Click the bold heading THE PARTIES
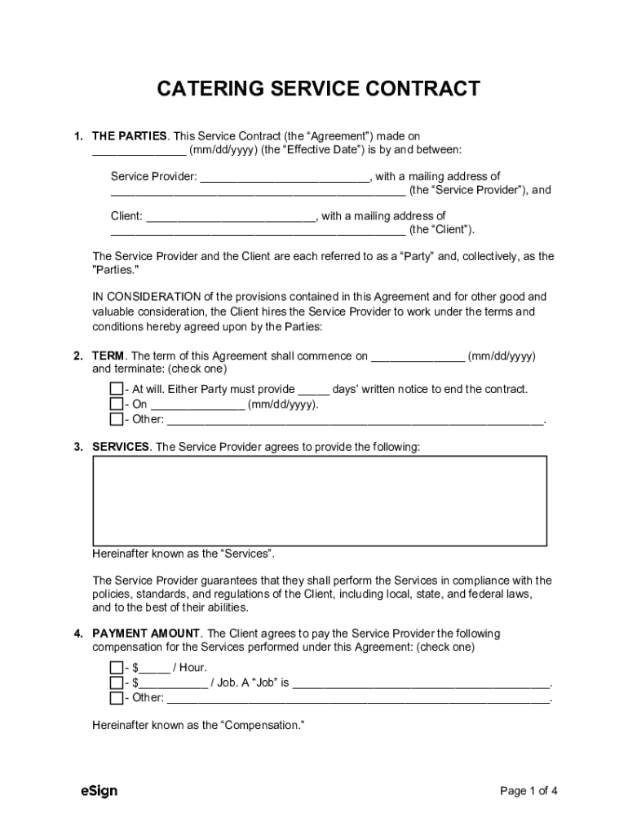129,135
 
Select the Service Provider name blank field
285,177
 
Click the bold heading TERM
108,356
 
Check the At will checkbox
117,389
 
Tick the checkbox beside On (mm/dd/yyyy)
117,404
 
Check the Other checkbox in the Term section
117,420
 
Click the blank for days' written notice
314,390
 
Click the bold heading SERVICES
121,447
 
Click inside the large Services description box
319,500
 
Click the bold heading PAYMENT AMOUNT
146,634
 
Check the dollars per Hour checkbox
117,667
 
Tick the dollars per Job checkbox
117,683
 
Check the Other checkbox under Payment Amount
117,698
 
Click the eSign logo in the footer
99,791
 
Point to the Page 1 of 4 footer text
528,791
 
